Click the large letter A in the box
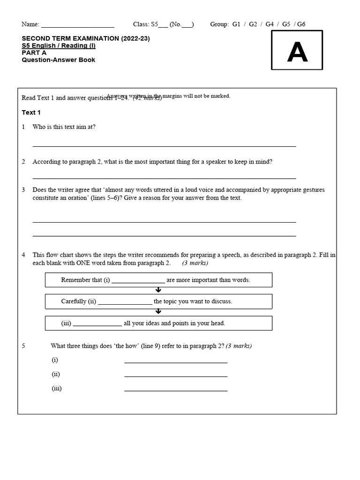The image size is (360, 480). pos(297,53)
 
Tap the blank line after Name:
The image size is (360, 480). pos(78,25)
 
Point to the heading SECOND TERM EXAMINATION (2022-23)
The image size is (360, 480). pos(86,38)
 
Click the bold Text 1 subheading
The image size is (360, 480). pos(31,112)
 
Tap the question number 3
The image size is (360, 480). pos(23,190)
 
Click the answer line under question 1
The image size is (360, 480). pos(164,146)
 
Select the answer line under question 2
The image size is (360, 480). pos(164,178)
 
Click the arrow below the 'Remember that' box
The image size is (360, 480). pos(158,290)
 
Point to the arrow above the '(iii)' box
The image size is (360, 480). pos(158,312)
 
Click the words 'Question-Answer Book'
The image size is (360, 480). pos(59,60)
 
